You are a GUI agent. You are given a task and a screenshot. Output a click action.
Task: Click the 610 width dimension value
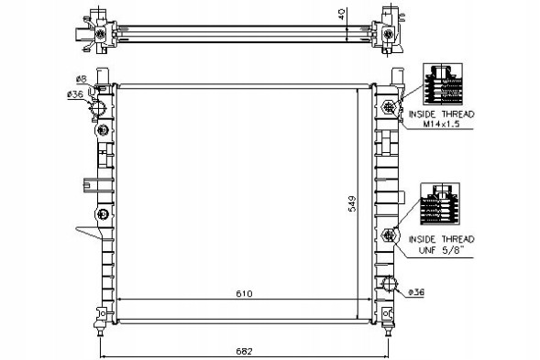pos(244,293)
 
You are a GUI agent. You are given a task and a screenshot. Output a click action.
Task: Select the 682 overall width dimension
pos(244,352)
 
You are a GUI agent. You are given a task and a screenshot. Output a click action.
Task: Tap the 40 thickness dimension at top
pos(341,14)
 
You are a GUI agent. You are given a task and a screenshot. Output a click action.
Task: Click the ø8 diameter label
pos(81,79)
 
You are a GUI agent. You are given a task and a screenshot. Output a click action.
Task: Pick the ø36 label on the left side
pos(75,93)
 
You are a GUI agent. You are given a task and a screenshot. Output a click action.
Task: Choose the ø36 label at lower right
pos(416,292)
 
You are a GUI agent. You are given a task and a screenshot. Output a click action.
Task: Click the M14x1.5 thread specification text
pos(442,125)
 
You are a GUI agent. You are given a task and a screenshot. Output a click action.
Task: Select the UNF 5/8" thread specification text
pos(442,250)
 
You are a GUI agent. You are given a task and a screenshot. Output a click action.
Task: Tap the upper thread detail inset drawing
pos(443,84)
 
